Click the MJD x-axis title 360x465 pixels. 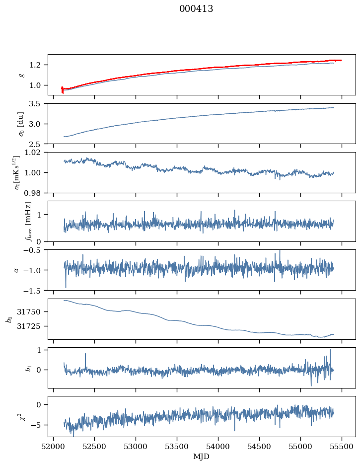coord(202,457)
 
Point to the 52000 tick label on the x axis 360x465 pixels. coord(54,446)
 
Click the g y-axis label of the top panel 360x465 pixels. coord(21,75)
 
